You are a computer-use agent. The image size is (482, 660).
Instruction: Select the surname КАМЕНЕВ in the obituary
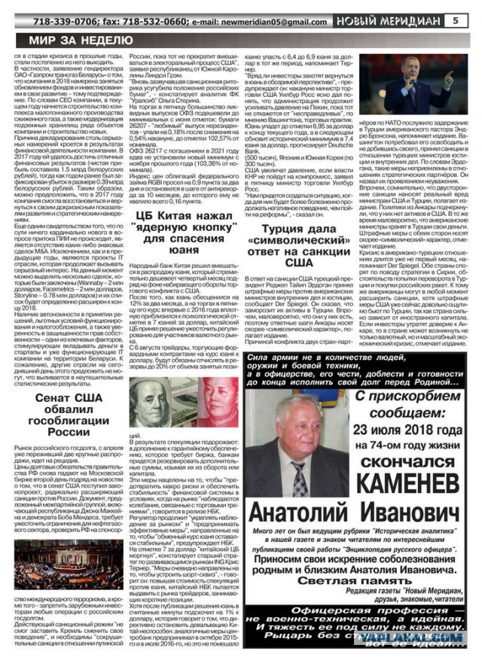tap(399, 501)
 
